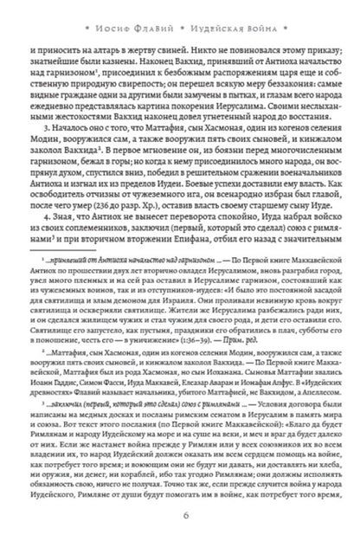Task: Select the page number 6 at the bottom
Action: click(180, 517)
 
